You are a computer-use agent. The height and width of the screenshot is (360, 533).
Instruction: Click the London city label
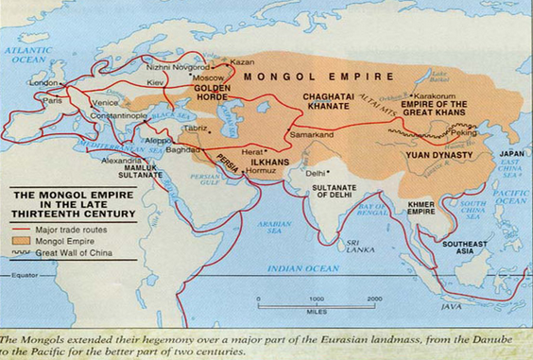[44, 82]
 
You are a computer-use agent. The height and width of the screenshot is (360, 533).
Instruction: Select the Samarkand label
[317, 137]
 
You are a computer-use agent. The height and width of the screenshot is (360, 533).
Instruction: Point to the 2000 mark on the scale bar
[374, 299]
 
